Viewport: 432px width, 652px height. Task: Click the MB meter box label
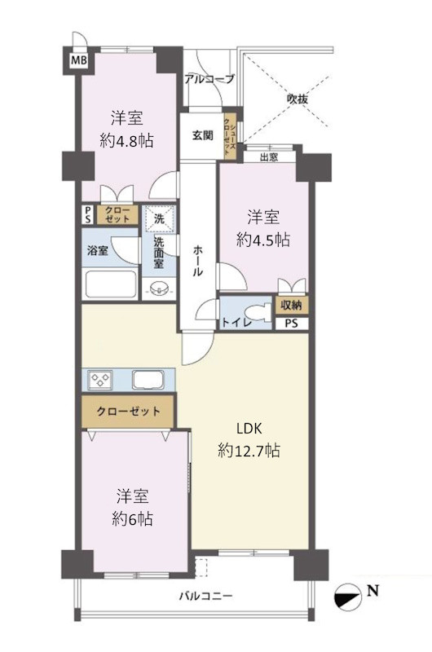78,60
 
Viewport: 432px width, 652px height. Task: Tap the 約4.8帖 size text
126,141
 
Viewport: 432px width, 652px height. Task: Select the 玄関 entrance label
202,135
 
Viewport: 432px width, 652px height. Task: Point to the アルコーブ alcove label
209,79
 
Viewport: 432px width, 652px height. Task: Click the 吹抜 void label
298,99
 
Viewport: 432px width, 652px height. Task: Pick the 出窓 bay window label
269,157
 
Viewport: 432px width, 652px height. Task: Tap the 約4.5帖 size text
263,240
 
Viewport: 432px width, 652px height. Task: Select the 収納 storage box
291,305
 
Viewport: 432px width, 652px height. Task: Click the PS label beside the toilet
292,323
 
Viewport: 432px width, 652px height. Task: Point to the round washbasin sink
157,289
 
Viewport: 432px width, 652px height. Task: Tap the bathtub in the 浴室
111,284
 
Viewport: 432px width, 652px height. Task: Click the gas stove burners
100,380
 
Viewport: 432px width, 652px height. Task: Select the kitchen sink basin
148,380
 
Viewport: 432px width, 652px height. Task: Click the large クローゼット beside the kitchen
129,412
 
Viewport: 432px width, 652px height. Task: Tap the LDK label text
249,429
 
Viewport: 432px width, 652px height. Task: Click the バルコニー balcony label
206,596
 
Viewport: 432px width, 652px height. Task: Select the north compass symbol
346,597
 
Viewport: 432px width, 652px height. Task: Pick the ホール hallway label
198,261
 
